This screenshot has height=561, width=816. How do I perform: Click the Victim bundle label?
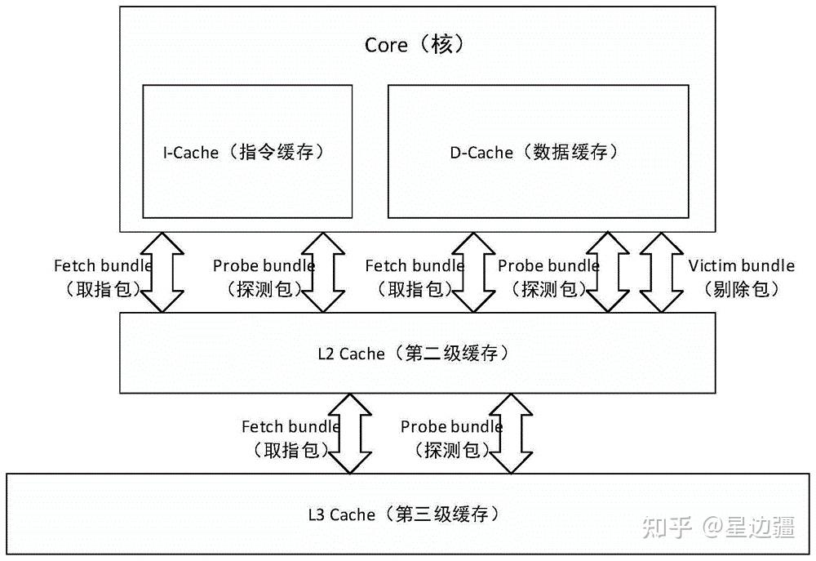[741, 265]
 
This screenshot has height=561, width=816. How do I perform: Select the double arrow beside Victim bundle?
[659, 272]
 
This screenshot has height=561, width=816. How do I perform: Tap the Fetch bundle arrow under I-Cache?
[163, 272]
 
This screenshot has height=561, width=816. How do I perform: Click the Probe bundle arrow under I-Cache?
[323, 272]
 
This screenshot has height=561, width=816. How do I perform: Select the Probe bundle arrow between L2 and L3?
[510, 433]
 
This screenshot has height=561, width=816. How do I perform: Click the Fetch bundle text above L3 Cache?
[290, 426]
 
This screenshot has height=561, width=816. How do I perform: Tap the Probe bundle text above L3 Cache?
[451, 426]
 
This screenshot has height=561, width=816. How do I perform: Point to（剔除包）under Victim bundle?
[741, 288]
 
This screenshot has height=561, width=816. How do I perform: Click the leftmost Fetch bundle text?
[102, 265]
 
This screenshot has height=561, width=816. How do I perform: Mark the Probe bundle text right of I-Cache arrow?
[263, 265]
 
